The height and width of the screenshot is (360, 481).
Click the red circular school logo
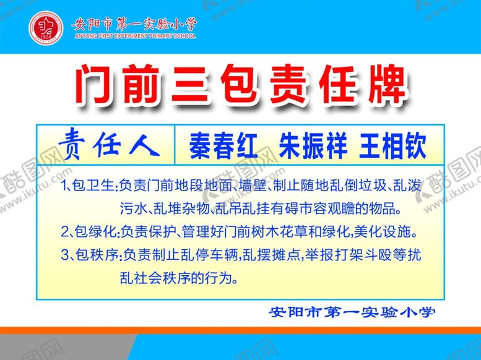pos(45,28)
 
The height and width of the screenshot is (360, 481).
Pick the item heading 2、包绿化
pos(90,233)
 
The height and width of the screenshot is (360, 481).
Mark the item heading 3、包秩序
pos(90,254)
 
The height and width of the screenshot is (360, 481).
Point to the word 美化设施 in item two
pos(387,233)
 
